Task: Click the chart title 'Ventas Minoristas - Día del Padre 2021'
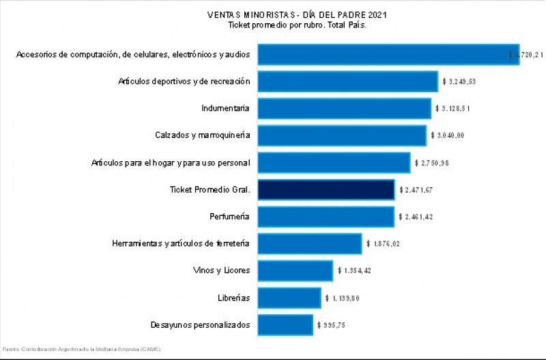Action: click(298, 14)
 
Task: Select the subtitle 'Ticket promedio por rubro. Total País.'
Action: click(298, 25)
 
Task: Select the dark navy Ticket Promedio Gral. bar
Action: click(326, 190)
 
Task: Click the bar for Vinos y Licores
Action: click(295, 271)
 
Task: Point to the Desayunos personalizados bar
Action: click(285, 324)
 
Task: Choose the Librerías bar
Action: click(289, 298)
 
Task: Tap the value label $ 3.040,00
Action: click(447, 135)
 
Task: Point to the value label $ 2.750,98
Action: click(431, 163)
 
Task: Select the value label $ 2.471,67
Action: click(416, 190)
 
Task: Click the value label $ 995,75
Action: click(331, 324)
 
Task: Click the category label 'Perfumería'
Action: click(229, 217)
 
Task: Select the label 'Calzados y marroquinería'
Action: click(202, 135)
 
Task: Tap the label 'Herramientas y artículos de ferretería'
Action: click(181, 243)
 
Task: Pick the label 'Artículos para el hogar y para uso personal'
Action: click(171, 163)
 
